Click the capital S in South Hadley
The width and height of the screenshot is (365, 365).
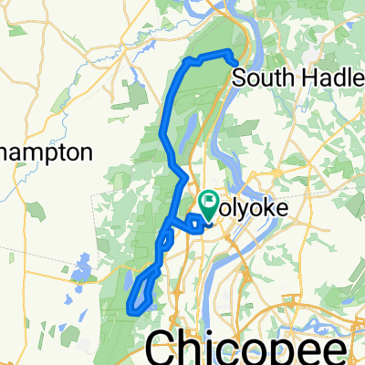coord(240,78)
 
